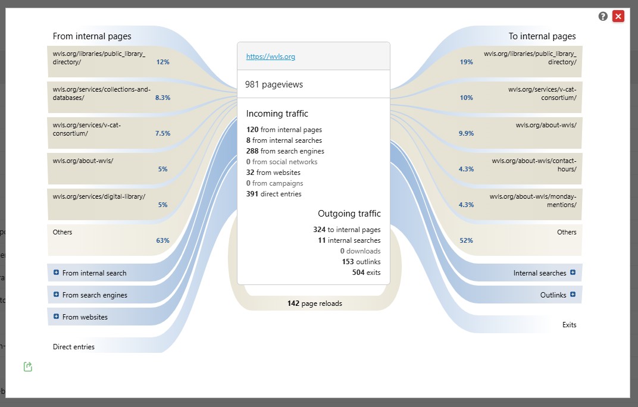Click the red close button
coord(618,16)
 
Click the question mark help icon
coord(603,16)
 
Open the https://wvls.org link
coord(271,57)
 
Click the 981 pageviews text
coord(274,84)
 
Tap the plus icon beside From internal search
coord(56,273)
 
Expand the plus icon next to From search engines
coord(56,295)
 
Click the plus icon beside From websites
coord(56,316)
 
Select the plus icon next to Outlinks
coord(573,295)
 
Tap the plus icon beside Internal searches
coord(573,273)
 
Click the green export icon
coord(27,367)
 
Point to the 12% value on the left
coord(162,62)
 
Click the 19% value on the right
coord(466,62)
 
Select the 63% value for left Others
coord(162,240)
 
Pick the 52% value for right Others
coord(466,240)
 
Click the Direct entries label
coord(74,347)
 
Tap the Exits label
coord(569,325)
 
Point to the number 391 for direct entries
coord(252,194)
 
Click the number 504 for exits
coord(358,273)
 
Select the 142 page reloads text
coord(314,303)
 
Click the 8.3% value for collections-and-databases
coord(162,98)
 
